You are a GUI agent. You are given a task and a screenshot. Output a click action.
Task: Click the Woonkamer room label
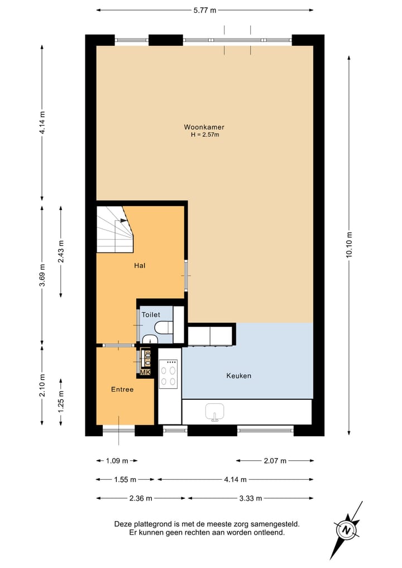204,127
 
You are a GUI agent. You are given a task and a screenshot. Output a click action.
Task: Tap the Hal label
140,265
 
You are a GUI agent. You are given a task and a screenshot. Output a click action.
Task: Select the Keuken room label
238,376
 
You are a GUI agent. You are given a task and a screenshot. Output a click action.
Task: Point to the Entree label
122,389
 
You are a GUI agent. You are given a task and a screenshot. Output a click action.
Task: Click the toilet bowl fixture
164,327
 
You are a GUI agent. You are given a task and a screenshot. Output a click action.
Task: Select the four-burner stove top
169,374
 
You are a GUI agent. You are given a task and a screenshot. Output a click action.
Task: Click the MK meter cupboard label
145,373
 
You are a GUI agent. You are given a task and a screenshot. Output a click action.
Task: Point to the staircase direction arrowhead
123,219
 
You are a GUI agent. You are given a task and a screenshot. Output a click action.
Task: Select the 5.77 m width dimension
204,10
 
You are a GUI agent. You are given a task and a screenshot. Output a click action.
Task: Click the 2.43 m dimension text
61,252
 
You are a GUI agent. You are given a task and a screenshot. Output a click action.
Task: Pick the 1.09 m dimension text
117,461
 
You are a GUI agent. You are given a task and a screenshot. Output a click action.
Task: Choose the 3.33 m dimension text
251,498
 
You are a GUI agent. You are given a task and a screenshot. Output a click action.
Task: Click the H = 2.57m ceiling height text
205,135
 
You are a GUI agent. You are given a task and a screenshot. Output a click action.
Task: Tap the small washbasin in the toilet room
150,340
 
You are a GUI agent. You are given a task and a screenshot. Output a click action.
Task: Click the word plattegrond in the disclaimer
149,524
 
